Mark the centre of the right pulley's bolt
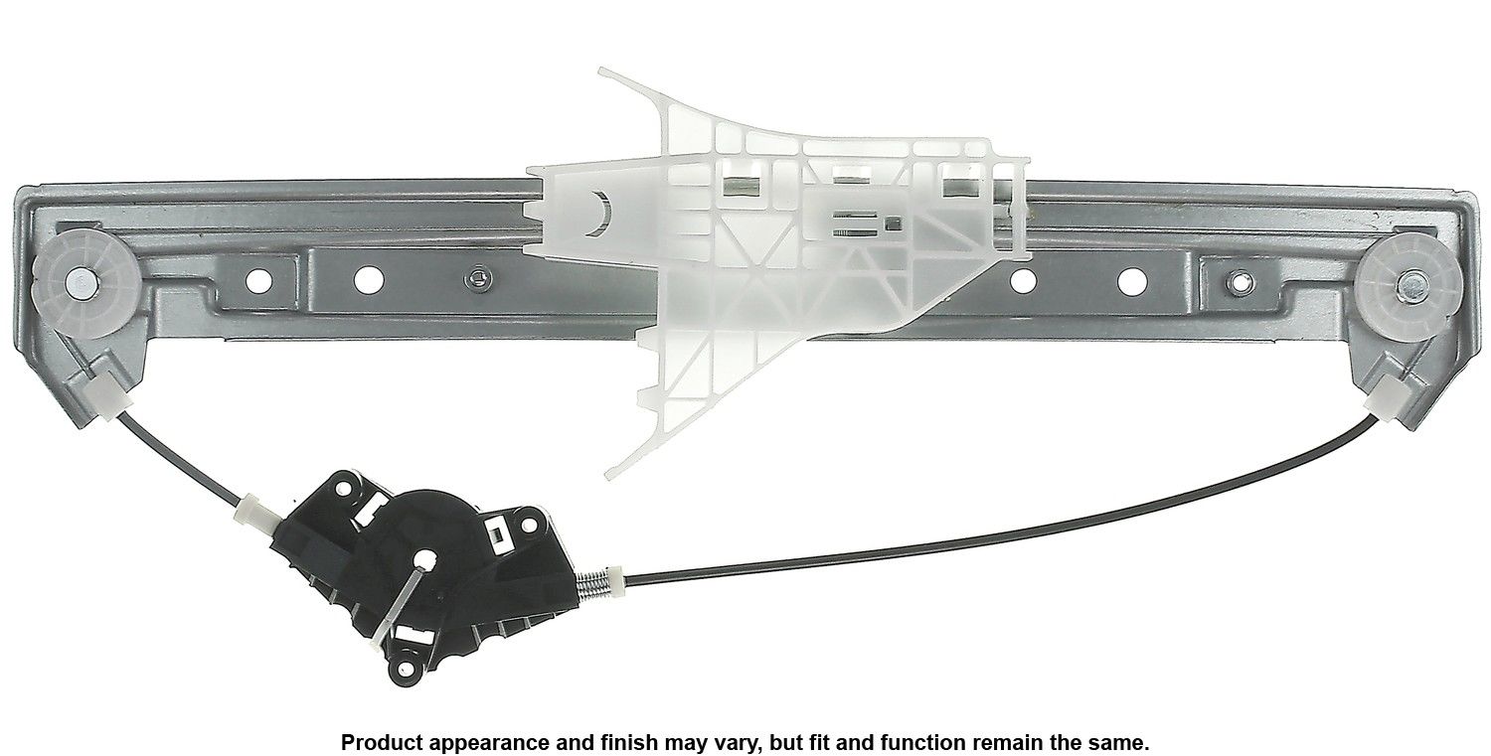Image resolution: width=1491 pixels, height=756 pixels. pyautogui.click(x=1408, y=287)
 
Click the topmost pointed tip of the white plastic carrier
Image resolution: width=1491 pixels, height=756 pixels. pyautogui.click(x=599, y=69)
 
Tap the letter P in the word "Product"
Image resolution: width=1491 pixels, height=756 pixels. pyautogui.click(x=348, y=743)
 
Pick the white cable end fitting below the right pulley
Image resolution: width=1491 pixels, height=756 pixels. pyautogui.click(x=1388, y=398)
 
